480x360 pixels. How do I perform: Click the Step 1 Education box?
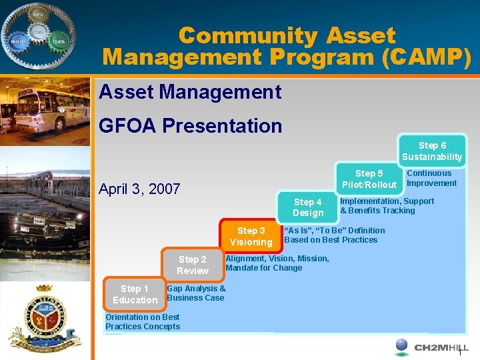click(135, 294)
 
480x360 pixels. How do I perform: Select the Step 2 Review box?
click(192, 265)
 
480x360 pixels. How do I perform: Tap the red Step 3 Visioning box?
click(251, 236)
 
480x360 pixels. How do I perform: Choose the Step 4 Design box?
click(307, 207)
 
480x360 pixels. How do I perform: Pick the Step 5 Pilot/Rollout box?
click(369, 179)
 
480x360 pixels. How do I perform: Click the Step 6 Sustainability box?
click(432, 151)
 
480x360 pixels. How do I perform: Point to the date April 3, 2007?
click(139, 189)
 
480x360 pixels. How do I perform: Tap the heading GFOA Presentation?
click(190, 125)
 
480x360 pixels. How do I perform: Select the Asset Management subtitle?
click(190, 91)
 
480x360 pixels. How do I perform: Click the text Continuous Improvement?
click(431, 178)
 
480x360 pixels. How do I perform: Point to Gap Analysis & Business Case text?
click(196, 293)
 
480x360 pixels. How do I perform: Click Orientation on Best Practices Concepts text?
click(143, 322)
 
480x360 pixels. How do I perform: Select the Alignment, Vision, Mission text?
click(277, 263)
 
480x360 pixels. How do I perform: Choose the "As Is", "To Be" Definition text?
click(334, 235)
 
